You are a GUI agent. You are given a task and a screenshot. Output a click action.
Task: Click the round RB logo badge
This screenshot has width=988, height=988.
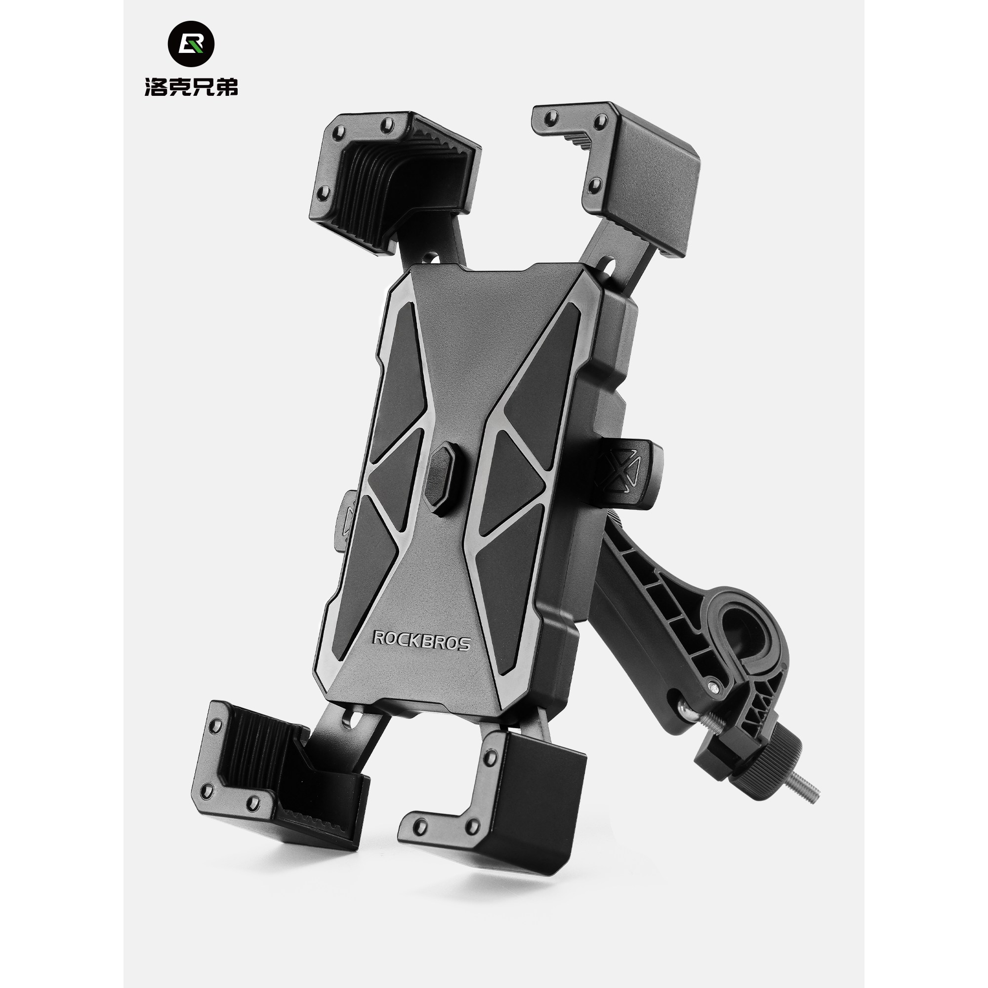(191, 44)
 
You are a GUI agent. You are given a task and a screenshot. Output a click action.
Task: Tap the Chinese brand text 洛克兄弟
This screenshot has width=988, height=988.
(191, 87)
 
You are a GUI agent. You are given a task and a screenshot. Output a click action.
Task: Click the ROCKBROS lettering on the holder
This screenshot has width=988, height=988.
(421, 640)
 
